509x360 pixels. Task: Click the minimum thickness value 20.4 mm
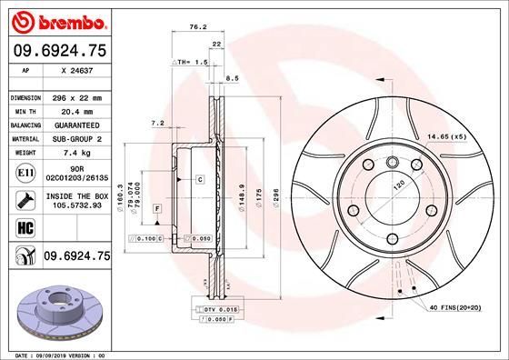(x=75, y=111)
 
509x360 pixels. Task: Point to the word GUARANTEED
(x=75, y=125)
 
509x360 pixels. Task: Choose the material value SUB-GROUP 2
(x=75, y=139)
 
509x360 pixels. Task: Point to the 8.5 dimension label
(x=233, y=78)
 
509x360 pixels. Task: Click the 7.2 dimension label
(x=156, y=123)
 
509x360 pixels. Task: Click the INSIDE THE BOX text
(x=75, y=195)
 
